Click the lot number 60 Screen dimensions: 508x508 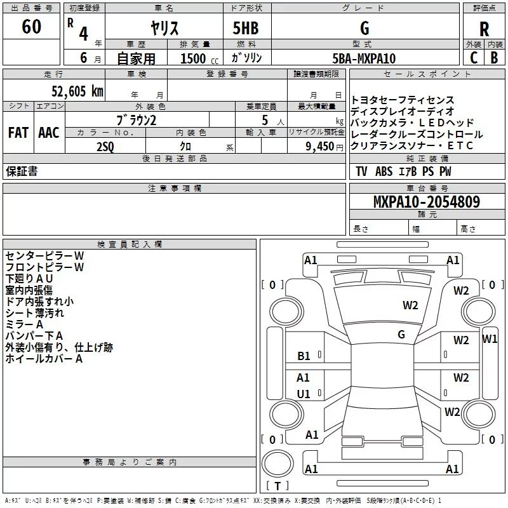point(31,27)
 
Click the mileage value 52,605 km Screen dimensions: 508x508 point(70,91)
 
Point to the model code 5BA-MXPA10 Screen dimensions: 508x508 point(364,58)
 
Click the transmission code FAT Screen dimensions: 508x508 point(18,133)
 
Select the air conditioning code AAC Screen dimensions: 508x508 point(48,133)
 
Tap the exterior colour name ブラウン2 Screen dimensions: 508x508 point(136,120)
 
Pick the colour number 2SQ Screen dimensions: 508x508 point(105,147)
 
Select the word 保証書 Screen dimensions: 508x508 point(22,171)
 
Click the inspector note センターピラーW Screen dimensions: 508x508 point(44,255)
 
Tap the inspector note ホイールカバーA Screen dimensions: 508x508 point(44,359)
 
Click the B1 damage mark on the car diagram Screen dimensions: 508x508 point(304,356)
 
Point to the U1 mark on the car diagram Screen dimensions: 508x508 point(304,394)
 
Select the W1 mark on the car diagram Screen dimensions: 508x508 point(490,338)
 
